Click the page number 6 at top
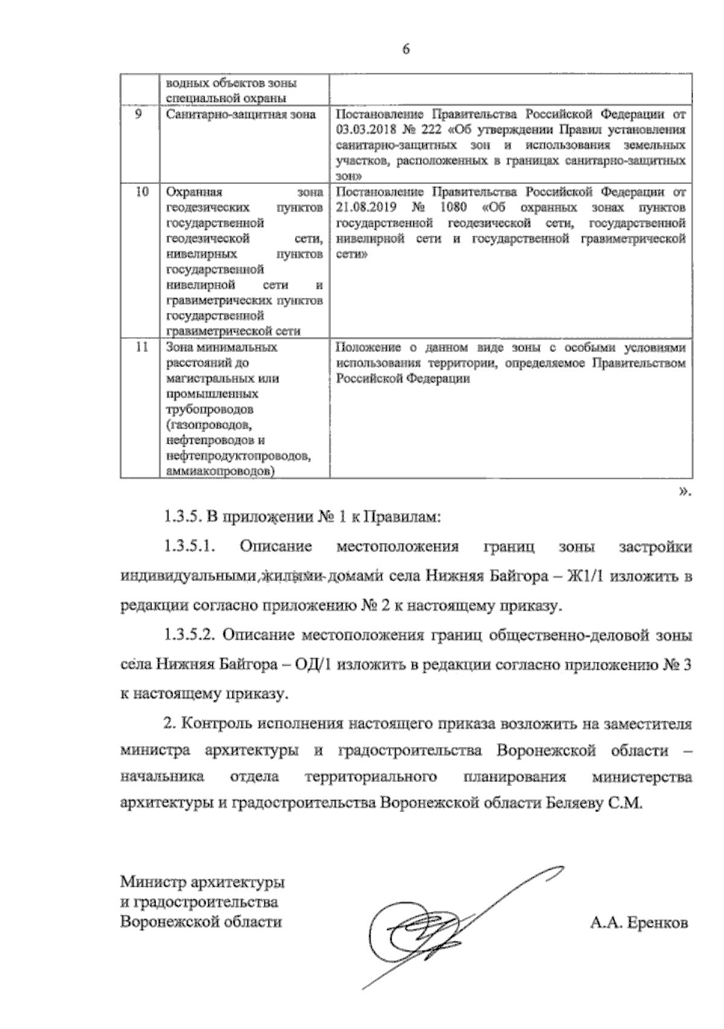(405, 50)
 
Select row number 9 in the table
(138, 114)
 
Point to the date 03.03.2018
(364, 130)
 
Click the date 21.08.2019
(364, 208)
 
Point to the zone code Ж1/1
(586, 576)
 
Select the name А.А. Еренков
(639, 923)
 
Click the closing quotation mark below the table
(685, 491)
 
